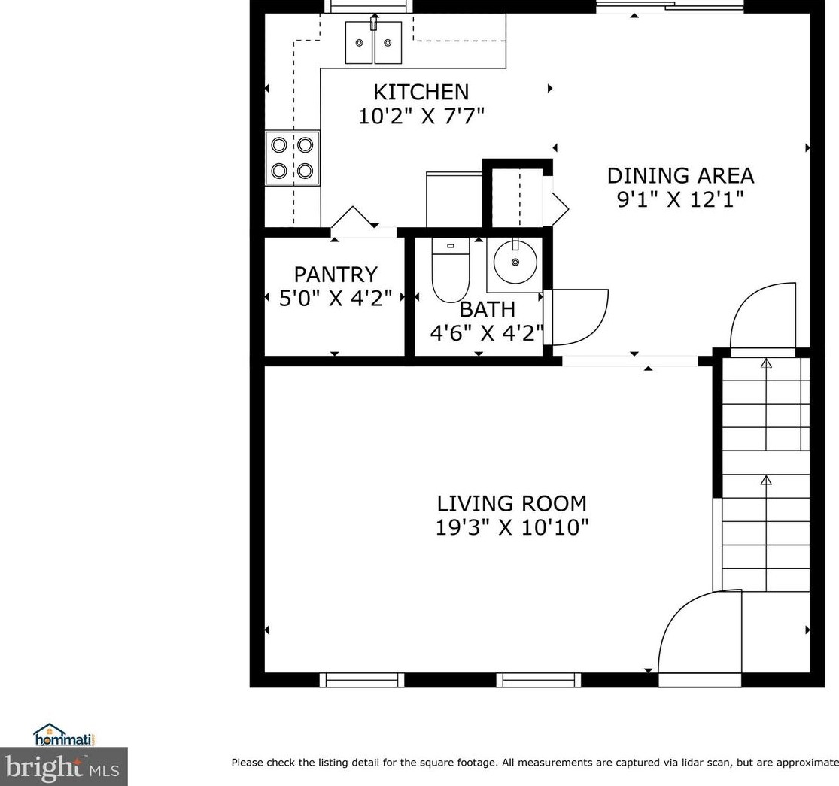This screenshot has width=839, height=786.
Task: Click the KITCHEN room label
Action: (421, 92)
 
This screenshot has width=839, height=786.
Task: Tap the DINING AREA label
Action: (681, 175)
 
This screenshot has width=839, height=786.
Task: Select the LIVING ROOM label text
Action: (512, 504)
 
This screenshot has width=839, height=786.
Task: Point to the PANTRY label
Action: (336, 275)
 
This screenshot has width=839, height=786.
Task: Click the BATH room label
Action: (488, 310)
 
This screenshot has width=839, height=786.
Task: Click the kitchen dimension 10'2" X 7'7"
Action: (421, 116)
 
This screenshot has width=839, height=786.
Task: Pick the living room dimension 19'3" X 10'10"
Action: (512, 528)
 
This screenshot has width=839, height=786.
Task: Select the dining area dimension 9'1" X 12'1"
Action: (681, 199)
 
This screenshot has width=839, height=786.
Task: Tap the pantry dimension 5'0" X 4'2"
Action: (336, 298)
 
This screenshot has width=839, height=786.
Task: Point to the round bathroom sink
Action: (515, 262)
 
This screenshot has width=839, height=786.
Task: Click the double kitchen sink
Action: (373, 42)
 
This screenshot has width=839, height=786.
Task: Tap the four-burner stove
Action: (292, 158)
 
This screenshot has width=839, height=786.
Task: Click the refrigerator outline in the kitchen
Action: (454, 199)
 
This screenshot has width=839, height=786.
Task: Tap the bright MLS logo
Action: (63, 766)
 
